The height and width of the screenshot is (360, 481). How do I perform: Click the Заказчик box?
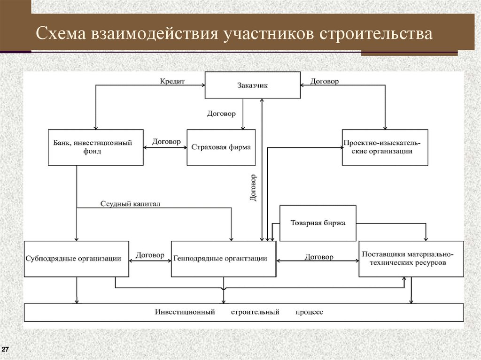click(253, 85)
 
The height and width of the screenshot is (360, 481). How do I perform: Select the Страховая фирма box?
click(221, 147)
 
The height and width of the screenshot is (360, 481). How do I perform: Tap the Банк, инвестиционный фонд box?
click(96, 147)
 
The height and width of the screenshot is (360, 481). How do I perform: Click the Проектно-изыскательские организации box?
click(385, 147)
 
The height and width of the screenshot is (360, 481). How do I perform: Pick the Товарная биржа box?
click(318, 223)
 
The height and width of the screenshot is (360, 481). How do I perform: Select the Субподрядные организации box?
click(76, 259)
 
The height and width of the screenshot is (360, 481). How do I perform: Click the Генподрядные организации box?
click(223, 259)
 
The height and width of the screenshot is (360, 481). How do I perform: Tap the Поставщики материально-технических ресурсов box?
click(411, 259)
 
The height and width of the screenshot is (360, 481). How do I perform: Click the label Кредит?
click(172, 81)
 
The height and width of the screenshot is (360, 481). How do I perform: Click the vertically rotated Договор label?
click(253, 188)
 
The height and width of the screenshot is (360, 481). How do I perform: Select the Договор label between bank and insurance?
click(166, 141)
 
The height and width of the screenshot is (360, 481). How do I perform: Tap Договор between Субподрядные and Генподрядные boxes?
click(150, 255)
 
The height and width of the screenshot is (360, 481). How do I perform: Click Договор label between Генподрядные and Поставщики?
click(319, 257)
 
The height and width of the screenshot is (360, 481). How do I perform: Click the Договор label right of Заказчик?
click(324, 81)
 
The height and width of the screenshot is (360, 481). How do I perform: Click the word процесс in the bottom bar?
click(309, 312)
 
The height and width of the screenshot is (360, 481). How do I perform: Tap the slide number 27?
click(6, 350)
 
